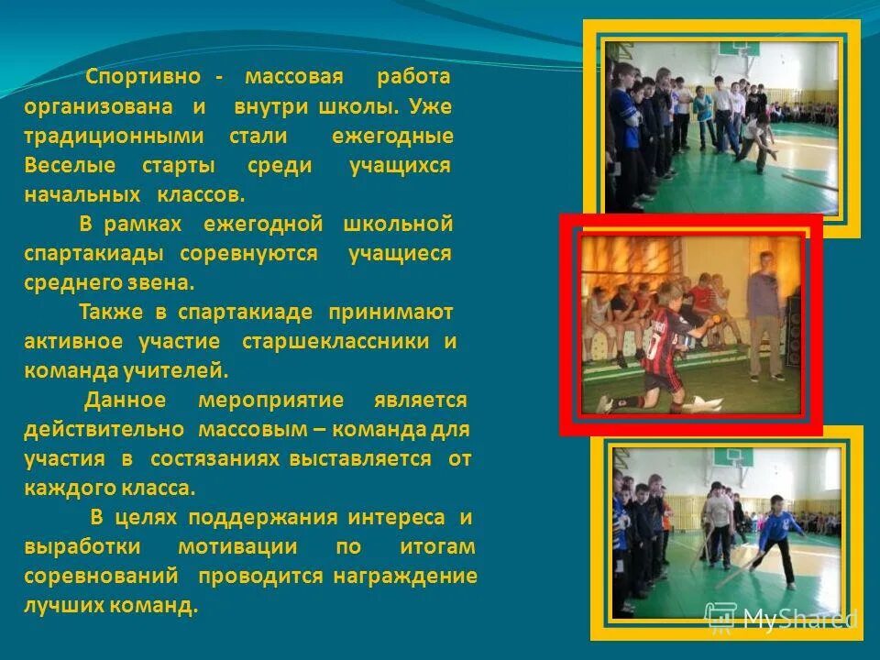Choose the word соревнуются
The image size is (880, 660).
(248, 254)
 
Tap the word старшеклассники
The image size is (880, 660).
(335, 342)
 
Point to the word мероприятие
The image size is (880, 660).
(270, 401)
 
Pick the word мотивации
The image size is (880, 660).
(237, 547)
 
